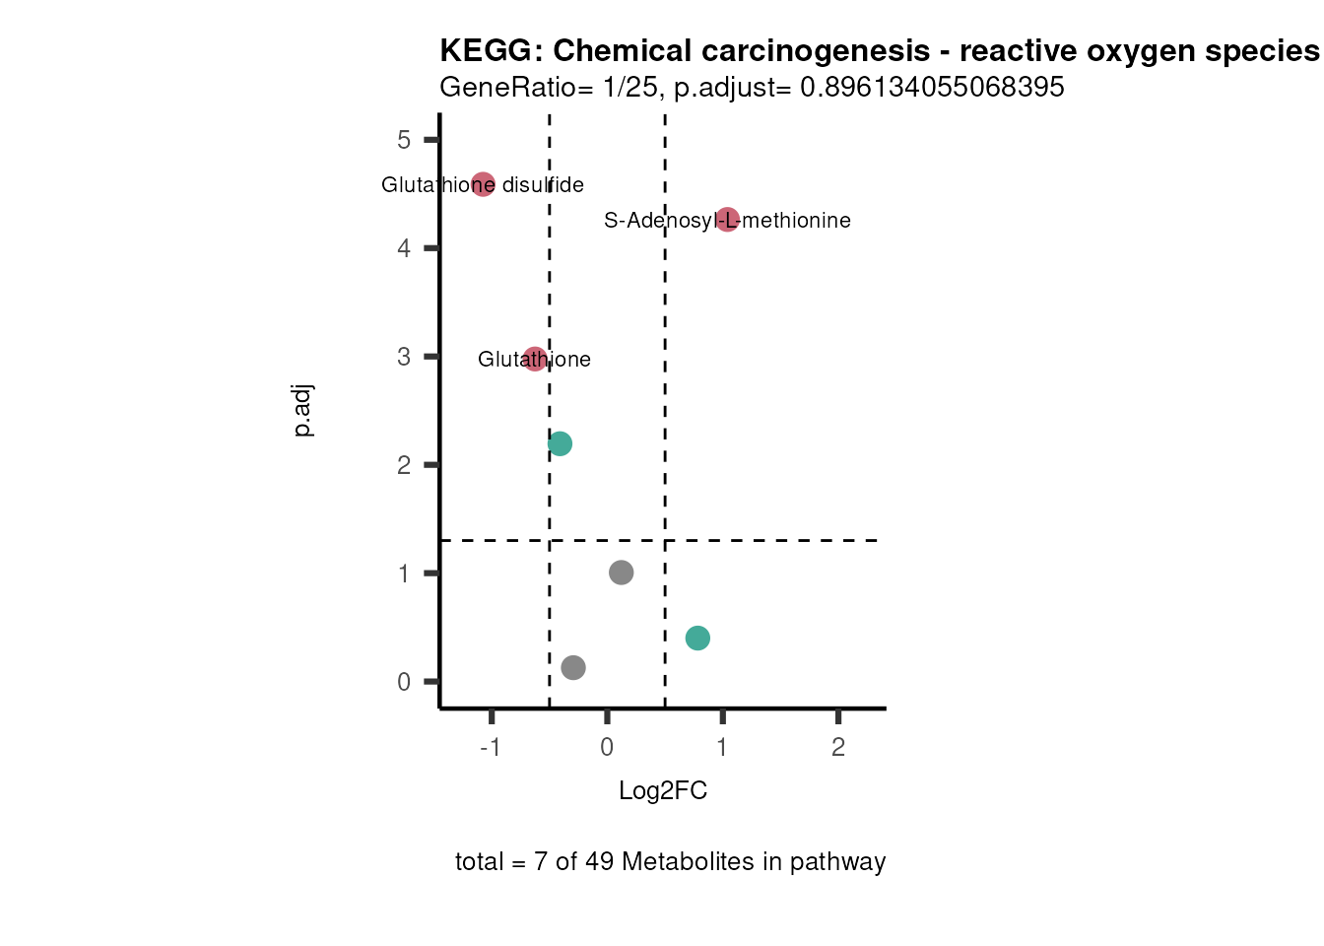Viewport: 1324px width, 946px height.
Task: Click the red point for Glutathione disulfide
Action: coord(483,184)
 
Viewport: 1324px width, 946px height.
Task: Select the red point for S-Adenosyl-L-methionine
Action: coord(727,220)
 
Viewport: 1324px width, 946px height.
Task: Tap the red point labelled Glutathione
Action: coord(535,359)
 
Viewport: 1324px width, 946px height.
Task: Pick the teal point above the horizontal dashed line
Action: coord(560,443)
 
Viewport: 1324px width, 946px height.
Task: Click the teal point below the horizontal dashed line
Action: coord(697,639)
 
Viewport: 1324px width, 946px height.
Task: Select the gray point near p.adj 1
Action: coord(621,573)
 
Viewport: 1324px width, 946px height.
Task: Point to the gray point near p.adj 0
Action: coord(573,668)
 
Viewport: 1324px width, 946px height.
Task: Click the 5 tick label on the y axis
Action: coord(404,140)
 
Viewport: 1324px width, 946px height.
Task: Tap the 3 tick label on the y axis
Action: coord(404,357)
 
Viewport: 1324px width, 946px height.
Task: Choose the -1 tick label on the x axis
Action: coord(490,748)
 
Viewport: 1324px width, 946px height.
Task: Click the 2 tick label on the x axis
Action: coord(838,748)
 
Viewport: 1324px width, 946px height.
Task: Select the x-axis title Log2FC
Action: coord(663,791)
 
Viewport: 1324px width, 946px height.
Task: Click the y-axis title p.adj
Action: coord(303,411)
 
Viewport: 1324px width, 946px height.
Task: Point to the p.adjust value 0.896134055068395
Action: coord(932,88)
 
